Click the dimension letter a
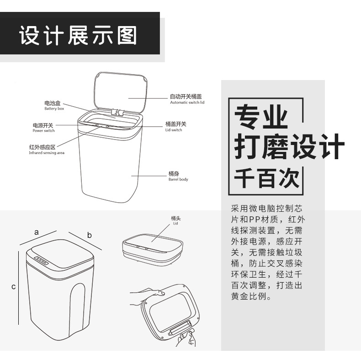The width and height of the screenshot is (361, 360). pos(36,232)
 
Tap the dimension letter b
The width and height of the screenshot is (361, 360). pos(90,235)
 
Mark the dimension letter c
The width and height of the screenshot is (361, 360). pos(14,287)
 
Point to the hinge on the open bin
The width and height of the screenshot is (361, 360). pos(118,112)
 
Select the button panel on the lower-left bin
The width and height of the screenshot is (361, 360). pos(42,261)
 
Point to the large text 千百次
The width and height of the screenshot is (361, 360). pos(267,178)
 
